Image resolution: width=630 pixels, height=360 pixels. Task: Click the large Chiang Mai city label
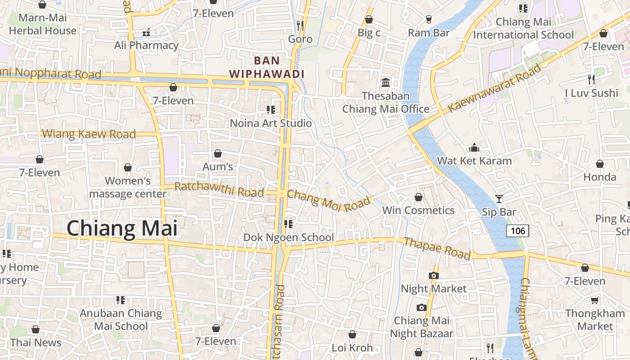pyautogui.click(x=122, y=229)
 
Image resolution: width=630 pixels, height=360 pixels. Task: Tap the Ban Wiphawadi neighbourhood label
pyautogui.click(x=267, y=67)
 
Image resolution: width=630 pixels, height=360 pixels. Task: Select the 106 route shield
pyautogui.click(x=517, y=231)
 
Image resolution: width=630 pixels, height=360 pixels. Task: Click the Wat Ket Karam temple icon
pyautogui.click(x=474, y=148)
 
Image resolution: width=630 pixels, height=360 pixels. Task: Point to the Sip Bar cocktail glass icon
pyautogui.click(x=499, y=198)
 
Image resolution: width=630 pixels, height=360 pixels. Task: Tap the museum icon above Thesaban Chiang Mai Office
pyautogui.click(x=386, y=82)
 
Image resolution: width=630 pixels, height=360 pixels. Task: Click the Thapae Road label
pyautogui.click(x=437, y=248)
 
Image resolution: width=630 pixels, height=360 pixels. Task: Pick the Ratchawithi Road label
pyautogui.click(x=219, y=189)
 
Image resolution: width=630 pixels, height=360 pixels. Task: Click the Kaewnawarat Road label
pyautogui.click(x=494, y=88)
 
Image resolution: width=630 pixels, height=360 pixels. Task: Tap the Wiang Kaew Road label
pyautogui.click(x=89, y=134)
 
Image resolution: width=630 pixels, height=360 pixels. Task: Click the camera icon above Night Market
pyautogui.click(x=434, y=275)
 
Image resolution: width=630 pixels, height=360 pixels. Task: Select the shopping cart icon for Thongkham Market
pyautogui.click(x=595, y=300)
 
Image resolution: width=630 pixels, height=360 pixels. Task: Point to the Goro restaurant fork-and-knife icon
pyautogui.click(x=300, y=25)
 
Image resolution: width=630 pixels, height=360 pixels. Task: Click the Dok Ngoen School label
pyautogui.click(x=288, y=237)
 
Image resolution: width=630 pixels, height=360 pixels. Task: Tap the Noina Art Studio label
pyautogui.click(x=270, y=123)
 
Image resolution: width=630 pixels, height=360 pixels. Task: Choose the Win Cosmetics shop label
pyautogui.click(x=418, y=210)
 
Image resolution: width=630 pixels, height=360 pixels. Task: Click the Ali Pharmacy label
pyautogui.click(x=146, y=45)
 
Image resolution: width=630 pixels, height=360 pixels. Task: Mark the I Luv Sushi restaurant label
pyautogui.click(x=591, y=93)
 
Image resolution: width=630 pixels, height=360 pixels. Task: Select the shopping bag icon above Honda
pyautogui.click(x=599, y=164)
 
